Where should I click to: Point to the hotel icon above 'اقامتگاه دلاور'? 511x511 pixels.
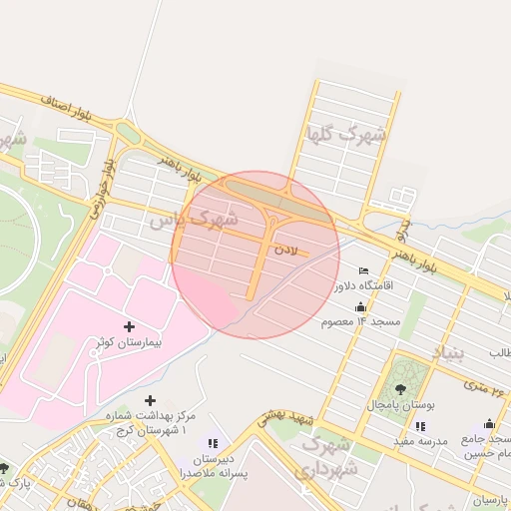362,269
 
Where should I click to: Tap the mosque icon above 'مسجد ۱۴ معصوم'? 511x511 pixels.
360,306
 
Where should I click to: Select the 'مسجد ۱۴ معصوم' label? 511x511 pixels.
360,323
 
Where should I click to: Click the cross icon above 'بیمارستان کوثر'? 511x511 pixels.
129,325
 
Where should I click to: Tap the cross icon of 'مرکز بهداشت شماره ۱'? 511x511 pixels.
151,400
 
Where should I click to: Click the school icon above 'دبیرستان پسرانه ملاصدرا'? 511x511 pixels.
212,442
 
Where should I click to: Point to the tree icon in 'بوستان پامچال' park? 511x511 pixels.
400,388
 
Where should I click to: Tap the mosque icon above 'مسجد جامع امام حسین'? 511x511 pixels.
488,423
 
